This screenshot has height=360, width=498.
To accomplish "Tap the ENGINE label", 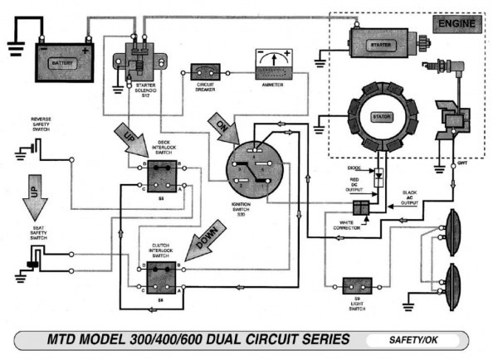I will (456, 25).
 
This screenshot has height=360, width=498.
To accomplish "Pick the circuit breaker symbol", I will (205, 71).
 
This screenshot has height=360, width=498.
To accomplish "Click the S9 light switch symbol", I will (352, 286).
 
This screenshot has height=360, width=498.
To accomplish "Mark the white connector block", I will (363, 207).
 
